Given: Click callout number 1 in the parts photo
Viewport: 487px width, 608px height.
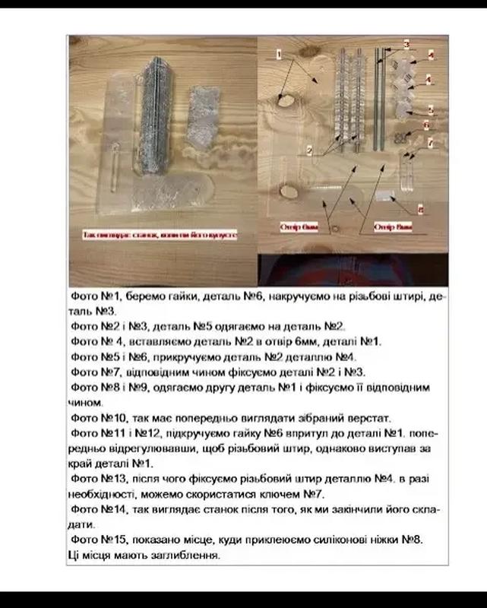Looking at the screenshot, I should point(278,54).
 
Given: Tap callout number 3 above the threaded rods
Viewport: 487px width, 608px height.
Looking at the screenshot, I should point(406,46).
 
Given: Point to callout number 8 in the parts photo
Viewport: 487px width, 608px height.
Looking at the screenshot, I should point(422,206).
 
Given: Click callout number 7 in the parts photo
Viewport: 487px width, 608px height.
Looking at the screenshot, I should point(430,142).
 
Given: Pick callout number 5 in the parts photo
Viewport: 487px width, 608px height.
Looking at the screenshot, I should point(430,109).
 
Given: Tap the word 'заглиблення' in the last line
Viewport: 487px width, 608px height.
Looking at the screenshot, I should point(185,556).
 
